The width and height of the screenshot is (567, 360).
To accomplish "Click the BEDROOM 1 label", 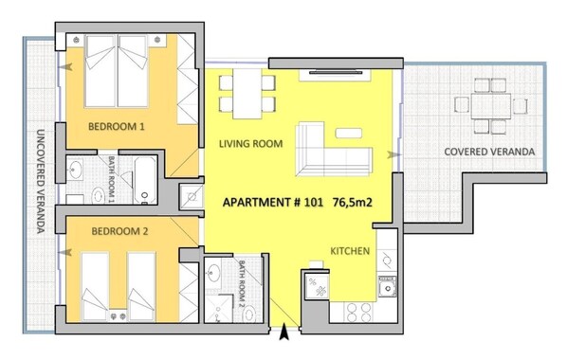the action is point(116,127).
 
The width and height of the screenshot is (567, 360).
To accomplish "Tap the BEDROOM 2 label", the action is point(119,231).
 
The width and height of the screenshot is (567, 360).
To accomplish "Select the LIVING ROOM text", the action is point(250,144).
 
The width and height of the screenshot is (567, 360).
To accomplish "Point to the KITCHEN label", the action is point(350,251).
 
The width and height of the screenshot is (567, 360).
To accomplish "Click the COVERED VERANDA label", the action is point(489,152).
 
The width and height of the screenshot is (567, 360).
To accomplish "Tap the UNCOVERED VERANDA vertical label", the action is point(41,181).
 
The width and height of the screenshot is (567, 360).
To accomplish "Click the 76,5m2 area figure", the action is point(352,203).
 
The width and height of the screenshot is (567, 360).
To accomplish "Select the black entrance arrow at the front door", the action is point(284,333).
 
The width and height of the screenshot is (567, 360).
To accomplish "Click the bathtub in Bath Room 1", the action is point(145,181).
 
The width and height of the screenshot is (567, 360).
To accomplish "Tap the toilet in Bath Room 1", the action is point(98,196).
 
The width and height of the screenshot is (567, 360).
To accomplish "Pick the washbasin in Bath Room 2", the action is point(213,274).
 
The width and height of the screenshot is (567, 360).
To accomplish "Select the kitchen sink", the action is point(387,288).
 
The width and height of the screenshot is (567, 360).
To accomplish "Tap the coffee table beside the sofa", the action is point(349,133).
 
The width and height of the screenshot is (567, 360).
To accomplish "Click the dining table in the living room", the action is point(247,94).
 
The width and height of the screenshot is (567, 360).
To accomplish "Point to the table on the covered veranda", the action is point(491,106).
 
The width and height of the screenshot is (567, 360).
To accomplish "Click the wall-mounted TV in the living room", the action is point(336,73).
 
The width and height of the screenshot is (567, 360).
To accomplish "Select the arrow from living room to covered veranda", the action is point(394,154).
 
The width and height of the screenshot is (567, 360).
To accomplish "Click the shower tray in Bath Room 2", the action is point(219,308).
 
